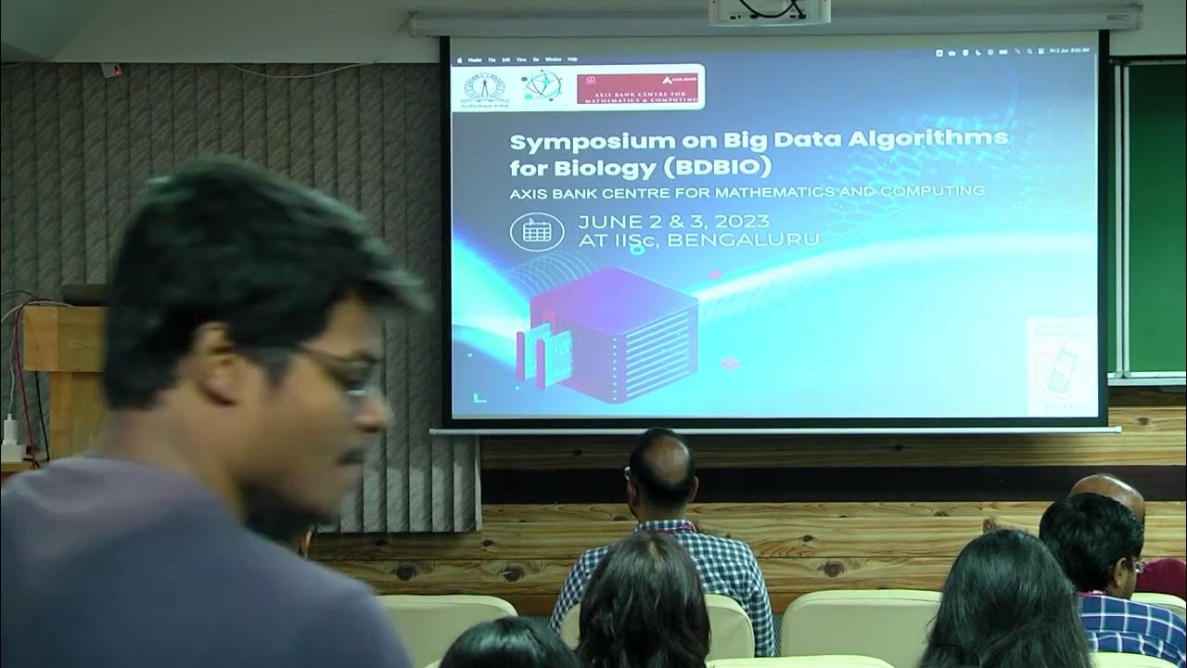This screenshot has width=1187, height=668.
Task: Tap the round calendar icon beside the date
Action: [x=537, y=231]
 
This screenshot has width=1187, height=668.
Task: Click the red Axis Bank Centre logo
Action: [x=638, y=88]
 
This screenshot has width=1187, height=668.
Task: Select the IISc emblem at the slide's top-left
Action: [x=483, y=87]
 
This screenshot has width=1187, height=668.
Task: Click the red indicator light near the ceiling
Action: [x=116, y=68]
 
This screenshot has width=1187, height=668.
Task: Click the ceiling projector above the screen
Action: [x=770, y=10]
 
